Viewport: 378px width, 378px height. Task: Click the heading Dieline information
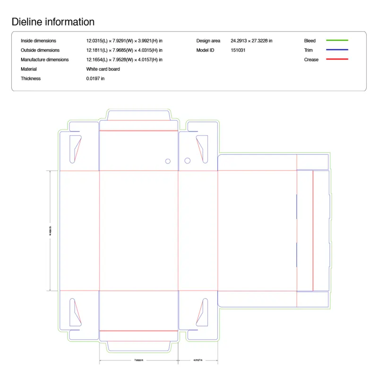click(x=53, y=22)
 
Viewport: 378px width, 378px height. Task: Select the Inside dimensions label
click(x=38, y=41)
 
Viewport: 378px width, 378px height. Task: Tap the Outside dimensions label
click(x=40, y=50)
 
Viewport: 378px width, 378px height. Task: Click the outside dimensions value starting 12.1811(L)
click(x=124, y=50)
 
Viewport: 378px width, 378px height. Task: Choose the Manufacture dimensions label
click(x=44, y=60)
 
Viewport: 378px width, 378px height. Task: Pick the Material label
click(x=29, y=69)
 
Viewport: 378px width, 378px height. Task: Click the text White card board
click(x=103, y=69)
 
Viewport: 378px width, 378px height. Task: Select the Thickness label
click(x=31, y=78)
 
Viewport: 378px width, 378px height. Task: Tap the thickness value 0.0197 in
click(x=95, y=78)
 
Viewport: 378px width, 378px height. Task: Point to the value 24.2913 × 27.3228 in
click(x=251, y=41)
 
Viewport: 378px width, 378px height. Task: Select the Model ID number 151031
click(x=238, y=50)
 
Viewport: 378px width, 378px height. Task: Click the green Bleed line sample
click(x=337, y=41)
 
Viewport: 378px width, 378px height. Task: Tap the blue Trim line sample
click(x=337, y=50)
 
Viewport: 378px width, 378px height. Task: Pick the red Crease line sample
click(x=337, y=60)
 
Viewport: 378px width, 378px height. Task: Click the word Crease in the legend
click(x=311, y=60)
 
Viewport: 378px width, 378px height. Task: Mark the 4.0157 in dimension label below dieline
click(x=198, y=361)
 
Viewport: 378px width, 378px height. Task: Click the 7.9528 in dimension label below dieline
click(x=138, y=361)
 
